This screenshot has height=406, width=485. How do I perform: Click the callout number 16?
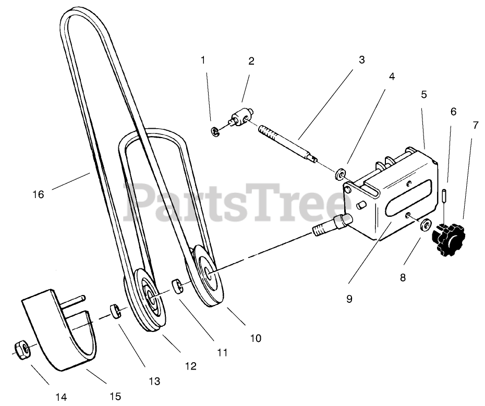click(x=38, y=194)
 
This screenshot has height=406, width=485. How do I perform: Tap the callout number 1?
click(x=203, y=60)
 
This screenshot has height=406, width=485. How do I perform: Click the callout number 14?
click(x=61, y=397)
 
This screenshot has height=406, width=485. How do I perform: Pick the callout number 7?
click(x=475, y=125)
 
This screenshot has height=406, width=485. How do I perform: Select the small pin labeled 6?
click(x=444, y=196)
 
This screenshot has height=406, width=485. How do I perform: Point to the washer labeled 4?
click(x=341, y=171)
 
